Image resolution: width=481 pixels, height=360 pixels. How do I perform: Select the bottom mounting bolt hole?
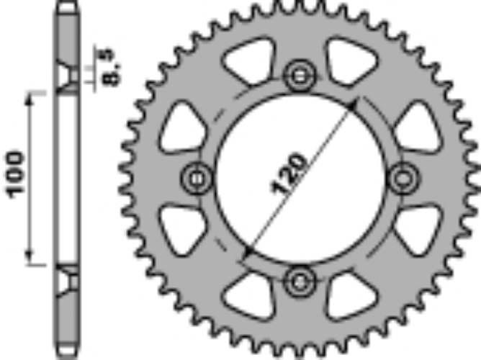pyautogui.click(x=300, y=279)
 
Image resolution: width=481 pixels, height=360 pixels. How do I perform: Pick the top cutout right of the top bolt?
pyautogui.click(x=351, y=60)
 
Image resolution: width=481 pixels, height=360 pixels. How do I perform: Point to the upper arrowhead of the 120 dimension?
pyautogui.click(x=352, y=104)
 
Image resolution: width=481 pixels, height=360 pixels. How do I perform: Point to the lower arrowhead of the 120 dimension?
pyautogui.click(x=248, y=251)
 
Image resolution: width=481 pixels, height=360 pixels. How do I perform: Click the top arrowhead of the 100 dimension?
pyautogui.click(x=30, y=98)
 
